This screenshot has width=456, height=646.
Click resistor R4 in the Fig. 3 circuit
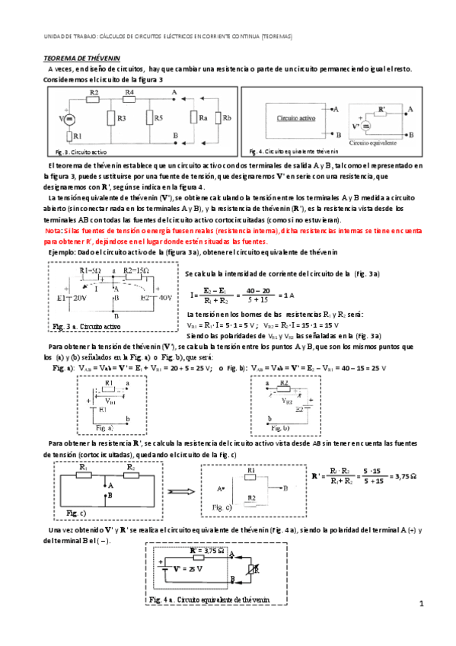pos(129,100)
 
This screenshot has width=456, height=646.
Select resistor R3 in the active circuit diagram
pos(113,118)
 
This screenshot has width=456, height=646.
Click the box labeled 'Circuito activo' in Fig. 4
pos(296,120)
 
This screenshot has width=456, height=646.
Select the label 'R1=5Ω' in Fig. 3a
pos(93,270)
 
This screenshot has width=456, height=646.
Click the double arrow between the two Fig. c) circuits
pos(179,491)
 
